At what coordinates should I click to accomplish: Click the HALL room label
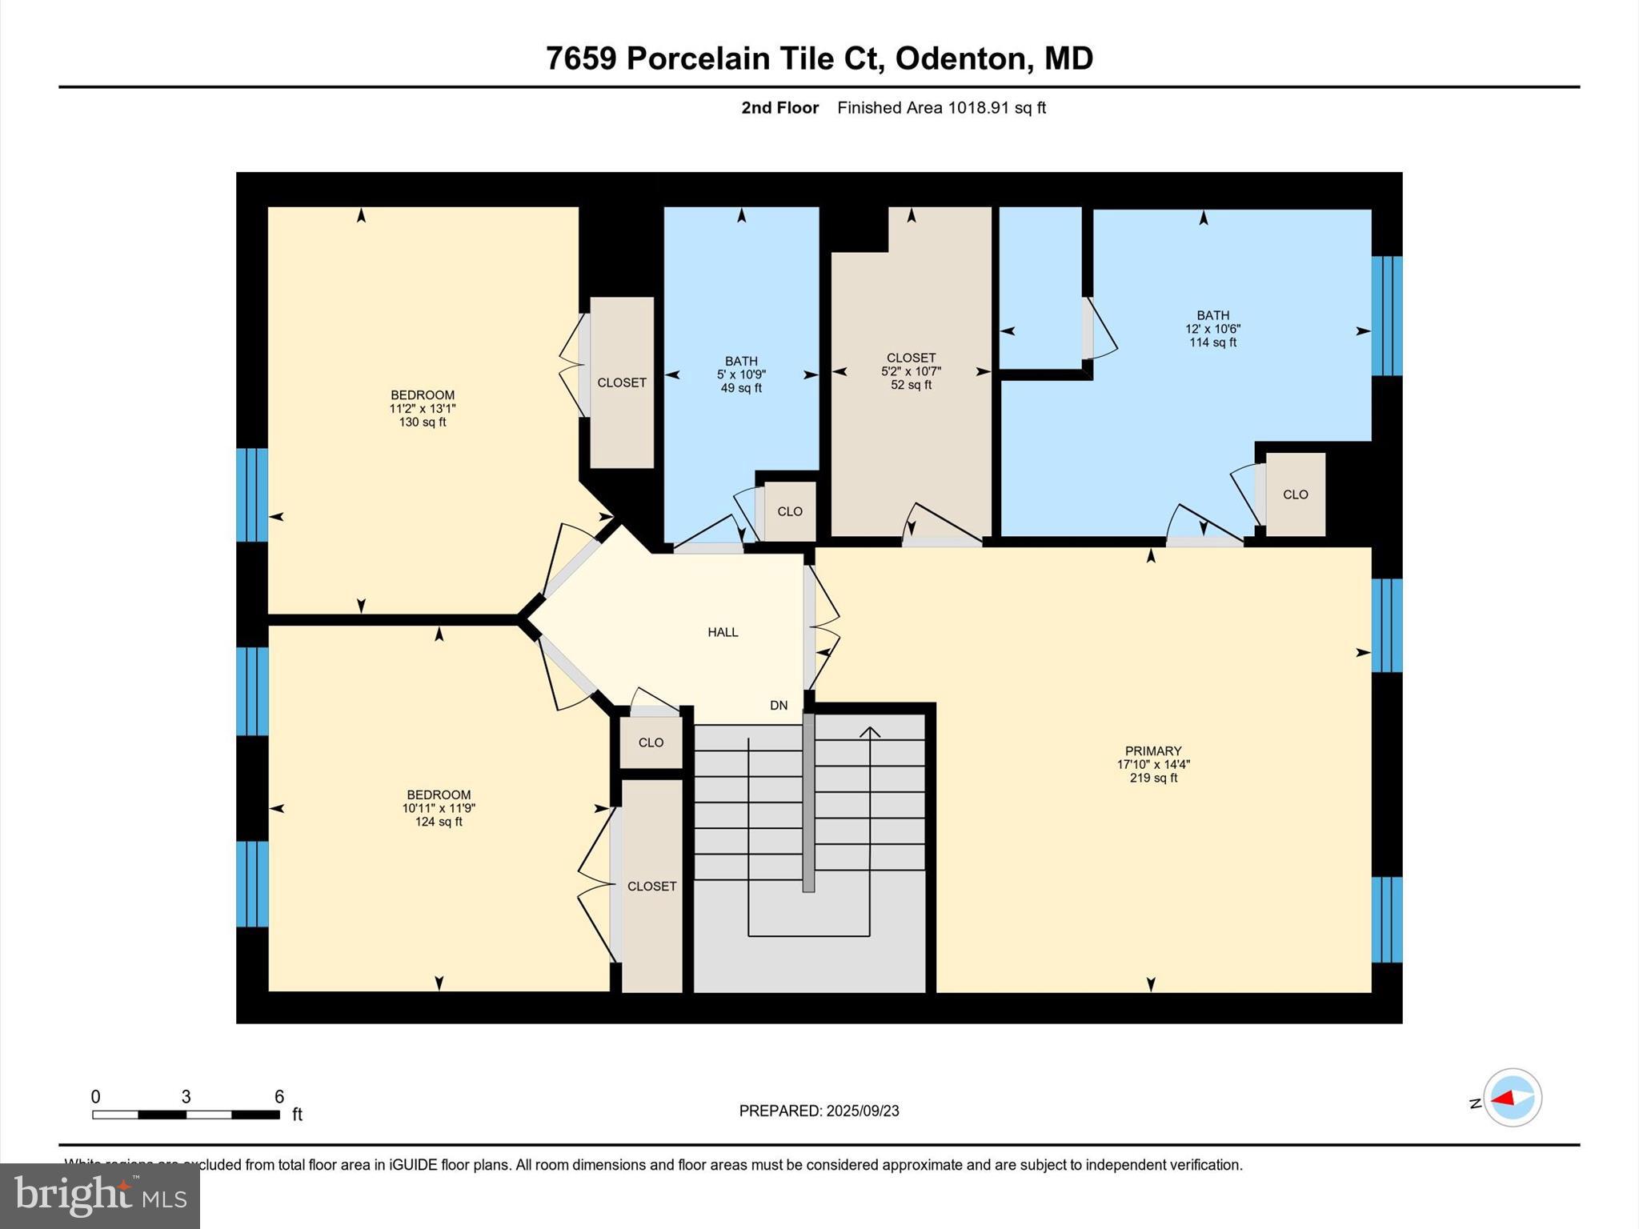tap(723, 632)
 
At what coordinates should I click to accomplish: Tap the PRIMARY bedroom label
tap(1152, 751)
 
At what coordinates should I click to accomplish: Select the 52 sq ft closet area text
tap(911, 385)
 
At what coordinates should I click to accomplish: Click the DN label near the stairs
tap(779, 706)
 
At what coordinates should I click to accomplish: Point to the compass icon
tap(1512, 1098)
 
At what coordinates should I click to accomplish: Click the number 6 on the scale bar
tap(279, 1097)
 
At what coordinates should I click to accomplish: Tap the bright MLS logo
tap(100, 1195)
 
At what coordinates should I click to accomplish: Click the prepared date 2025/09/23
tap(863, 1111)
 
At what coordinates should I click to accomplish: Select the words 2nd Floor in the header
tap(779, 108)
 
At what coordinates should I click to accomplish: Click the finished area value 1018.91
tap(978, 108)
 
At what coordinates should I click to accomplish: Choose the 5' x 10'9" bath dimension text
tap(741, 374)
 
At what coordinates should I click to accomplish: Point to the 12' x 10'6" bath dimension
tap(1212, 329)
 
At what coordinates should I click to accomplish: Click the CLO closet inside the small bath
tap(790, 511)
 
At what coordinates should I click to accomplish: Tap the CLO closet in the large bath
tap(1295, 494)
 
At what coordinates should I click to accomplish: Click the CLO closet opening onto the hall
tap(651, 743)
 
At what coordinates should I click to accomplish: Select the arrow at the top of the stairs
tap(870, 731)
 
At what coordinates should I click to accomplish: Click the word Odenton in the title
tap(960, 58)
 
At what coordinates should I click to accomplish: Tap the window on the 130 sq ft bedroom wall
tap(251, 494)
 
